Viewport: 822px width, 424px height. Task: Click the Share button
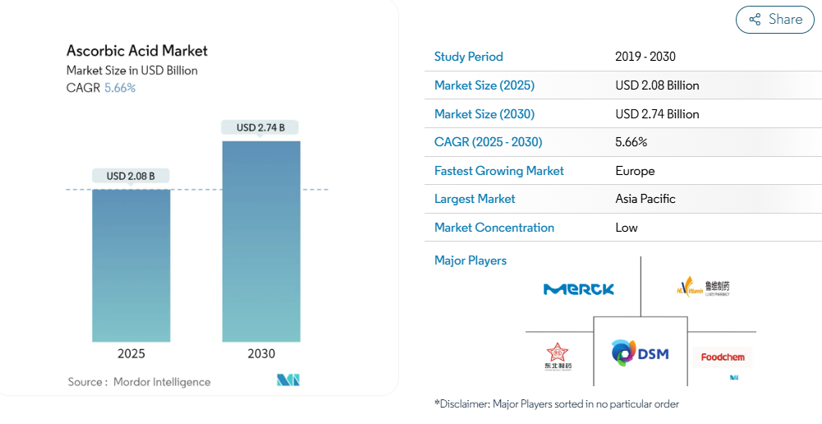pyautogui.click(x=774, y=20)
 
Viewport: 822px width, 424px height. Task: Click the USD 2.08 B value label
pyautogui.click(x=131, y=176)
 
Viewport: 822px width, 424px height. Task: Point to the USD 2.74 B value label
pyautogui.click(x=260, y=127)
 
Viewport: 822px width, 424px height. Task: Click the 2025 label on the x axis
pyautogui.click(x=131, y=354)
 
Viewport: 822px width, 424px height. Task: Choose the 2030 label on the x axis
pyautogui.click(x=261, y=354)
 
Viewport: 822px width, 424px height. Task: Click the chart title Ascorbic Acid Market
pyautogui.click(x=137, y=51)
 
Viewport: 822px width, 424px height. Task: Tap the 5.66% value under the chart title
pyautogui.click(x=120, y=88)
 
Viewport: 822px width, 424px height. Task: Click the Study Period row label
pyautogui.click(x=468, y=57)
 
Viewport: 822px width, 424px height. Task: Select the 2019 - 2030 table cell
pyautogui.click(x=645, y=57)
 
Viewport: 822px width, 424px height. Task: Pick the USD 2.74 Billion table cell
pyautogui.click(x=657, y=114)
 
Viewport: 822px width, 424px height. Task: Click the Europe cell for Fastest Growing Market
pyautogui.click(x=635, y=171)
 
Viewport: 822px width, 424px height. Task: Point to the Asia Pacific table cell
pyautogui.click(x=645, y=199)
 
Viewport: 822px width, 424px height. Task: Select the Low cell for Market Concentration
pyautogui.click(x=627, y=228)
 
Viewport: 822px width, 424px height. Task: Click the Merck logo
pyautogui.click(x=579, y=289)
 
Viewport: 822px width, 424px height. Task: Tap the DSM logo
pyautogui.click(x=641, y=353)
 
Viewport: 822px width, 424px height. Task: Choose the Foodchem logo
pyautogui.click(x=721, y=357)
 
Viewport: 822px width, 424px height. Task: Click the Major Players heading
pyautogui.click(x=471, y=260)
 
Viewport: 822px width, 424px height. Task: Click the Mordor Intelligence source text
pyautogui.click(x=162, y=382)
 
